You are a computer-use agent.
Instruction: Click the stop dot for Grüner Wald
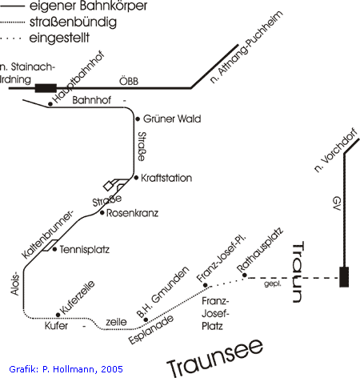(138, 119)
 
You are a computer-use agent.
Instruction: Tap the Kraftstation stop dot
(136, 178)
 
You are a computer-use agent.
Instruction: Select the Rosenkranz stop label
(132, 213)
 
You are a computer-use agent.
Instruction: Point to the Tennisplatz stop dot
(54, 249)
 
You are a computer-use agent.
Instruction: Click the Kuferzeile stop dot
(58, 315)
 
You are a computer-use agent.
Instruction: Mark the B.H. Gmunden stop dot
(146, 320)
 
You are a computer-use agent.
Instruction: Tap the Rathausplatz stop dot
(244, 275)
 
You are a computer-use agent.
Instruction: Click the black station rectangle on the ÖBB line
(46, 88)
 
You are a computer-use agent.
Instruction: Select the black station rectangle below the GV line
(344, 277)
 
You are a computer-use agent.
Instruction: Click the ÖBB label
(129, 81)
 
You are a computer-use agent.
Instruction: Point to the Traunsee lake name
(215, 358)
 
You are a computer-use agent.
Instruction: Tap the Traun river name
(298, 271)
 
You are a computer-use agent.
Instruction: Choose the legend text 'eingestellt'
(59, 38)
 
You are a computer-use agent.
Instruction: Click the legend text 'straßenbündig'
(73, 22)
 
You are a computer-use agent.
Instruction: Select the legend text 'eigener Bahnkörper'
(88, 6)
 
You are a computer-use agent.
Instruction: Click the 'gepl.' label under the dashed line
(273, 283)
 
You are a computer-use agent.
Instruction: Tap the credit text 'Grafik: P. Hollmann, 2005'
(66, 369)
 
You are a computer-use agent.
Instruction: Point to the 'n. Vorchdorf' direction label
(335, 151)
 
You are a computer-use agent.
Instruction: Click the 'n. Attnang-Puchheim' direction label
(246, 47)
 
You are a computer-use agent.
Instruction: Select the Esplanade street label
(151, 329)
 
